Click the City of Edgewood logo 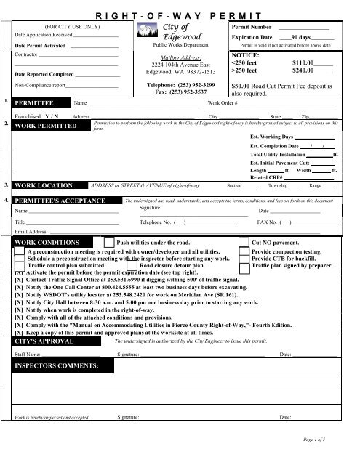175,32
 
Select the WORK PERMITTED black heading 49,126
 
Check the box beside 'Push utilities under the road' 109,242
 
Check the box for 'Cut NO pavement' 244,242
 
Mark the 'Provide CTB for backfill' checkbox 244,258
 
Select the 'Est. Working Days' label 271,137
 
